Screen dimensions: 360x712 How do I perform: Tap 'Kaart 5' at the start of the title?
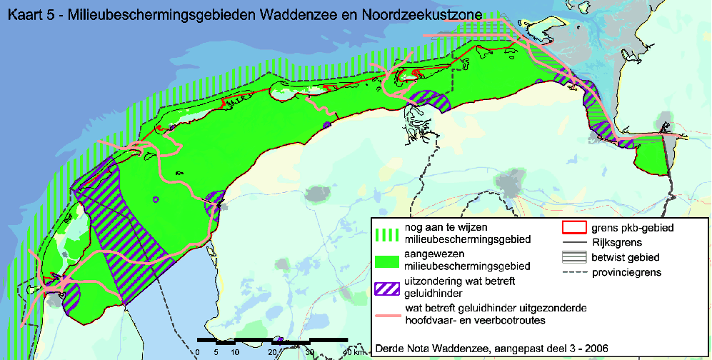27,14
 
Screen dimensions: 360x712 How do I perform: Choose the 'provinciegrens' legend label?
625,273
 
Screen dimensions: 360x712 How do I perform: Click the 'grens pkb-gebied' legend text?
633,228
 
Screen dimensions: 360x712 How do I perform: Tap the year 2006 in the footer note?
596,349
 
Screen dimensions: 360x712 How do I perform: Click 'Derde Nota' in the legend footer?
398,349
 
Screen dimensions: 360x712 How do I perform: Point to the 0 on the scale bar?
197,352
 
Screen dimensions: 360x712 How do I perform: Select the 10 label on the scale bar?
234,352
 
